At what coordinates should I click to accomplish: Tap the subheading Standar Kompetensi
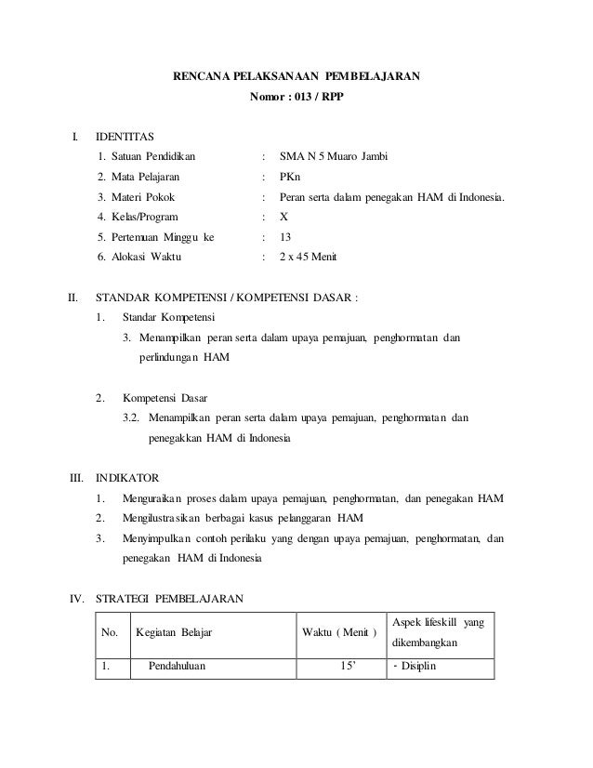tap(168, 317)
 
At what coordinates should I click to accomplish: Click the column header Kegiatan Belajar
tap(173, 633)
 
